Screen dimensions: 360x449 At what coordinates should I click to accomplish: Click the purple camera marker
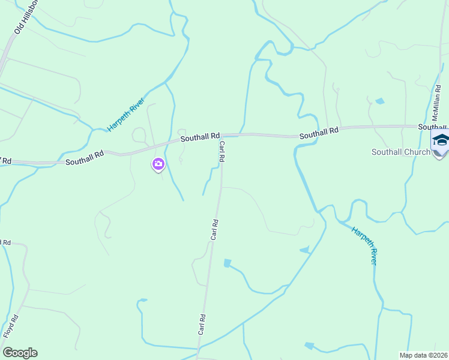coord(158,164)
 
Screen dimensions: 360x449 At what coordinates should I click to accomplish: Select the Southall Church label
coord(401,152)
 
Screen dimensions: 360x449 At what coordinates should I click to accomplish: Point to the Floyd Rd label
coord(10,326)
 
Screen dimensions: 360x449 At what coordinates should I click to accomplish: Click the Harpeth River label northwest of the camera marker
coord(126,115)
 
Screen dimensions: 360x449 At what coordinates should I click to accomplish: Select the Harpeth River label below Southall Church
coord(364,245)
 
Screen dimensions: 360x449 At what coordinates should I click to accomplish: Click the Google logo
coord(20,353)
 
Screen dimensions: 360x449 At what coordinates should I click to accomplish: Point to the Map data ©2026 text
coord(423,355)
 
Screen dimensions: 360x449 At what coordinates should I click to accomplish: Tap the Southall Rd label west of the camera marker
coord(85,158)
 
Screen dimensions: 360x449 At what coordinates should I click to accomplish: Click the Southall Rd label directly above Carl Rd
coord(200,137)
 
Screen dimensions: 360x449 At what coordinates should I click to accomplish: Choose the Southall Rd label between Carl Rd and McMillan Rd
coord(319,132)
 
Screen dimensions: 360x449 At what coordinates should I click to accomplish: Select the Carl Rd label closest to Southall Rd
coord(221,151)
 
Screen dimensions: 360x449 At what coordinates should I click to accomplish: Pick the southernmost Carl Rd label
coord(202,325)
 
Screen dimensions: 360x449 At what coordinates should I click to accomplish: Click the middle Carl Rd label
coord(214,230)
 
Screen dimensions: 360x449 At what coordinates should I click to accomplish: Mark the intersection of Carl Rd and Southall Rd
coord(222,136)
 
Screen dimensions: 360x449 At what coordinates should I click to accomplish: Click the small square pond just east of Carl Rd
coord(227,263)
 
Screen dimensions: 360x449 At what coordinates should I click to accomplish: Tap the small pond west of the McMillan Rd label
coord(379,101)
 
